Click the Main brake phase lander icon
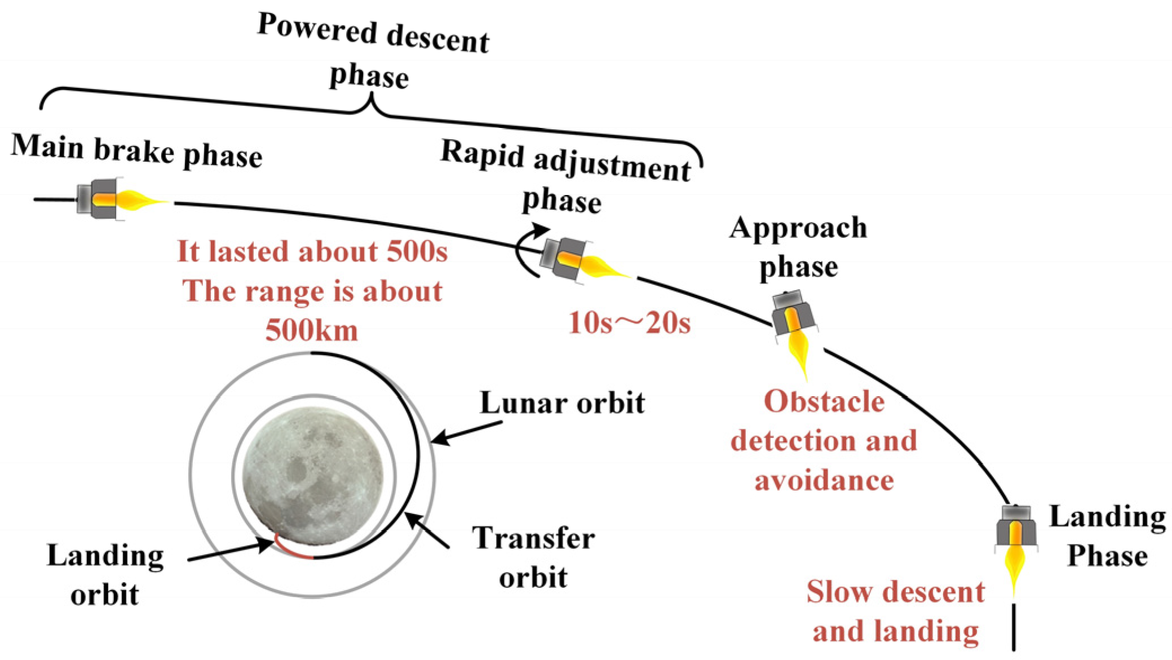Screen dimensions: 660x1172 pos(99,198)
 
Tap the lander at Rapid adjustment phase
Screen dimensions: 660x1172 pos(564,260)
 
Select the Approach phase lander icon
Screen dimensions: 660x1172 pos(793,316)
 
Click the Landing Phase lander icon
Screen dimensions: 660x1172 pos(1016,527)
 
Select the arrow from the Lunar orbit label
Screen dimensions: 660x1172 pos(465,432)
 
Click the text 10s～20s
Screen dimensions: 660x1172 pos(629,324)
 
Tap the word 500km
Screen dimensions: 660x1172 pos(312,330)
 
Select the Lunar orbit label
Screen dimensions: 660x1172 pos(562,403)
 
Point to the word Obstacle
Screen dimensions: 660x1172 pos(824,402)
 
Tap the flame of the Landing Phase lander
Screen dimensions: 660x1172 pos(1015,569)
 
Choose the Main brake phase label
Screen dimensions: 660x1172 pos(136,150)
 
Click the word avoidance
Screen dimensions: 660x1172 pos(824,481)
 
